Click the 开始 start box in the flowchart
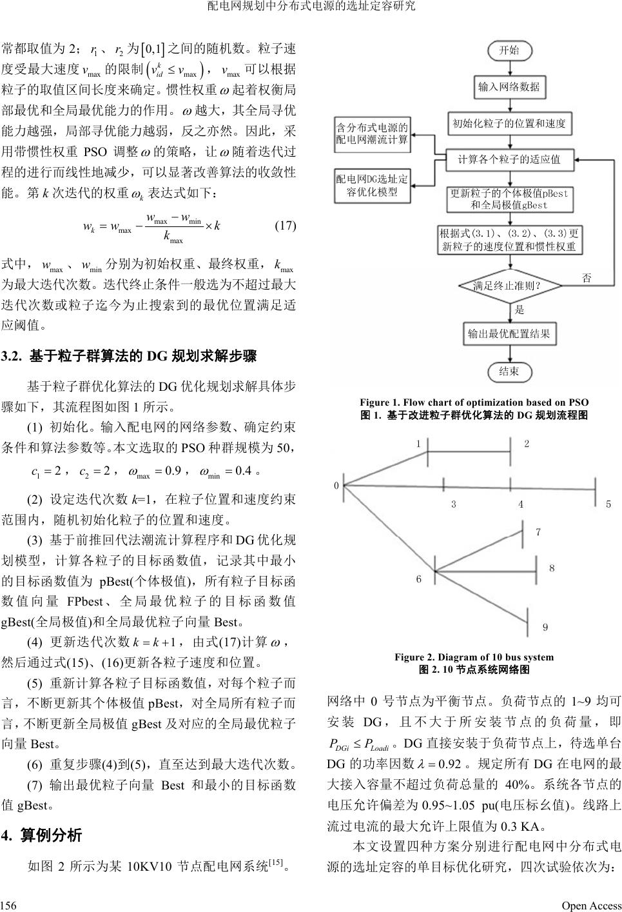(x=509, y=50)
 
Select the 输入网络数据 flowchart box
(x=509, y=86)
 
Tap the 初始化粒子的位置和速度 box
(x=509, y=123)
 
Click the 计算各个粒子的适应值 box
(x=509, y=159)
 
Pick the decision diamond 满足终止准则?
(x=509, y=284)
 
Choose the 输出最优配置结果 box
(x=509, y=333)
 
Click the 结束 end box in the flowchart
(x=509, y=371)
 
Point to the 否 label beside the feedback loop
(x=587, y=279)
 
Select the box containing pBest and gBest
(x=509, y=199)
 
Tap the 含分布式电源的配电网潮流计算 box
(x=372, y=134)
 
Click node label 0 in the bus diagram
(x=336, y=486)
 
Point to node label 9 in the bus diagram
(x=545, y=627)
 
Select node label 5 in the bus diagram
(x=608, y=504)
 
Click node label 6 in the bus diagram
(x=418, y=579)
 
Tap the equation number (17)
(x=285, y=226)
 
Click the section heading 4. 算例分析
(x=43, y=835)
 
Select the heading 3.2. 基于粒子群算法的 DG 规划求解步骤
(x=129, y=355)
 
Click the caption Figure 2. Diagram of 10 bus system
(x=474, y=657)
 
